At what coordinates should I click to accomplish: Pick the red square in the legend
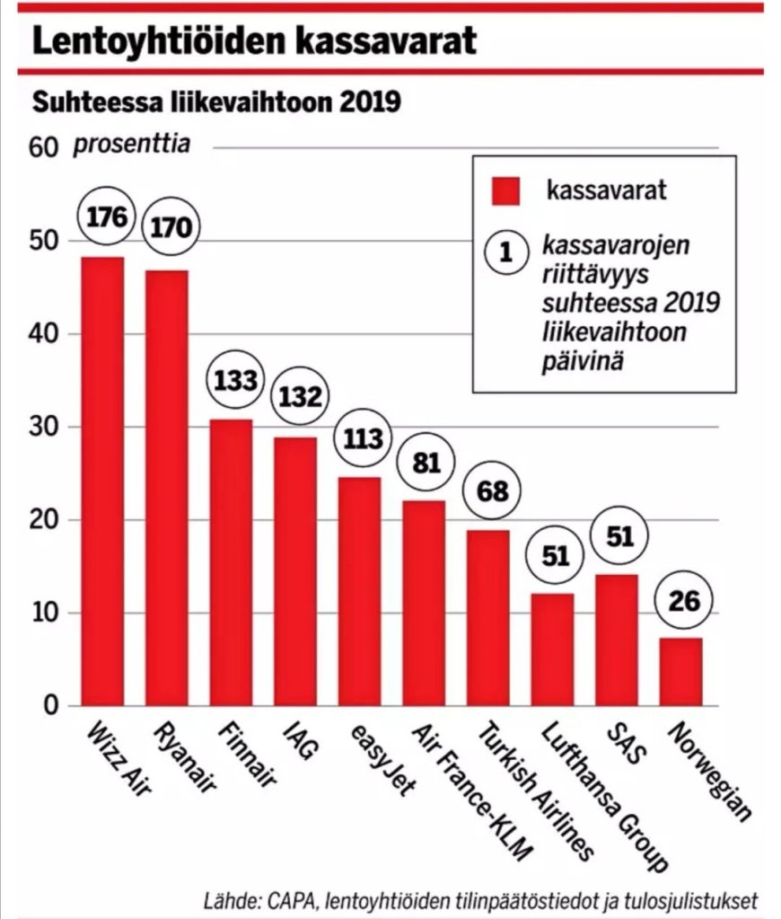point(507,191)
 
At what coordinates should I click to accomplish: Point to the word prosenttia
point(132,144)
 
